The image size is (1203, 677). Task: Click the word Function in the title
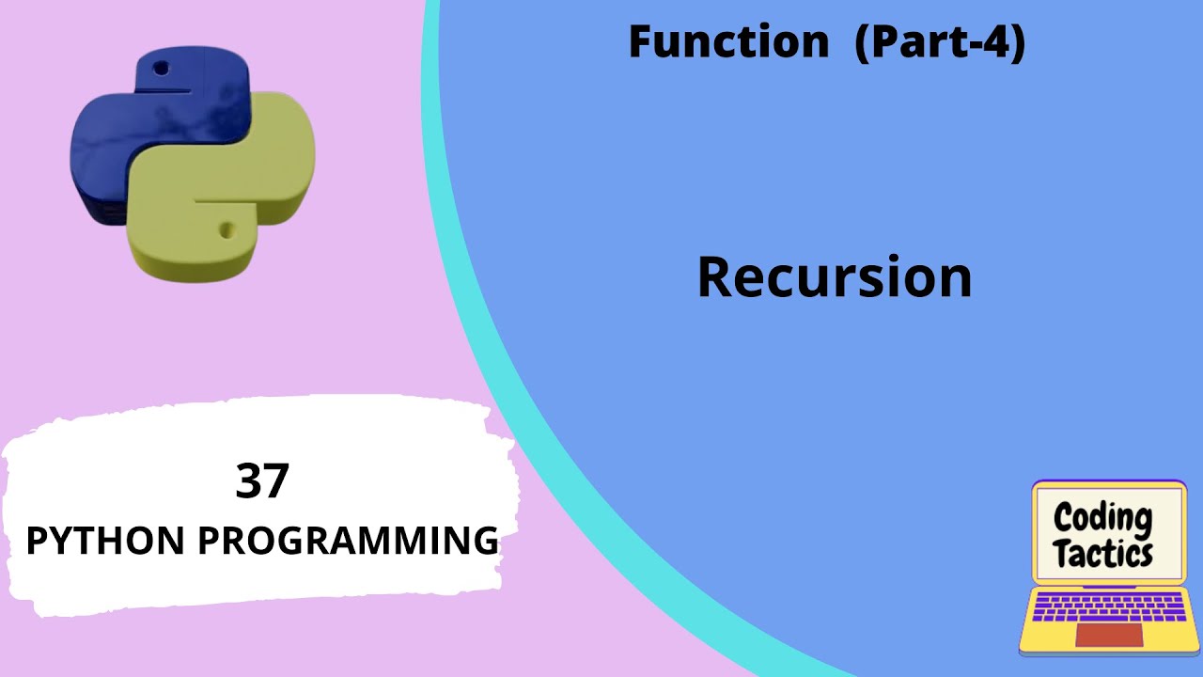tap(728, 43)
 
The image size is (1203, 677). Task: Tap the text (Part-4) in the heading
tap(939, 43)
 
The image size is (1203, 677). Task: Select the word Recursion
tap(834, 278)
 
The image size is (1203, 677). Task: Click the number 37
tap(262, 480)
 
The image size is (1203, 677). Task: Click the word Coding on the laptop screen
tap(1102, 518)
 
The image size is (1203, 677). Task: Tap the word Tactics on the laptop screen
tap(1102, 553)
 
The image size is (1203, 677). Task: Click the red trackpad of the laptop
tap(1109, 635)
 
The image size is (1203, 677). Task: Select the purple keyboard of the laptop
tap(1109, 606)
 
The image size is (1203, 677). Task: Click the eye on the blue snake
tap(162, 69)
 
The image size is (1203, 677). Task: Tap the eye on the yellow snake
tap(226, 228)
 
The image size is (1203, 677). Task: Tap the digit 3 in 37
tap(249, 480)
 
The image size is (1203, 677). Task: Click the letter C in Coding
tap(1063, 518)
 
